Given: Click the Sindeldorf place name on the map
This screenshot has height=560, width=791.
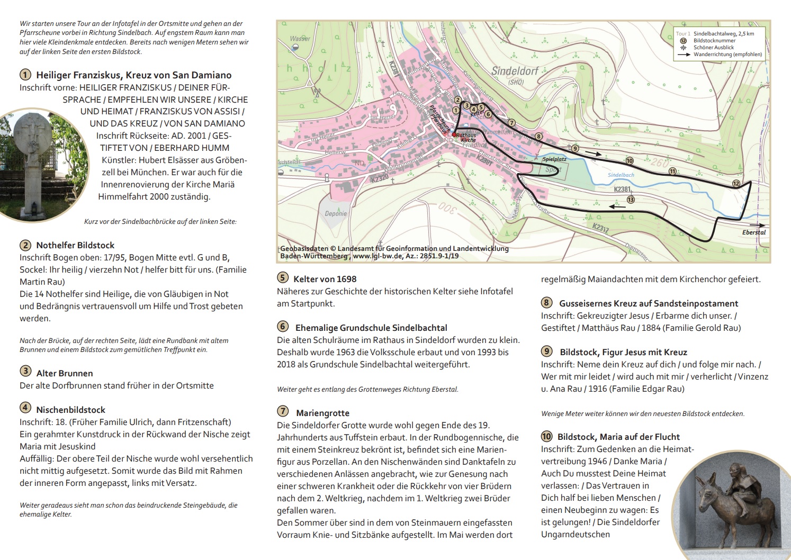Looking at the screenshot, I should tap(515, 70).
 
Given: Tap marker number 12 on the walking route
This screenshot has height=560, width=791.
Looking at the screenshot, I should tap(735, 183).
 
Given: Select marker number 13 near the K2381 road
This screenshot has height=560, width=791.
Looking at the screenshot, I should tap(630, 200).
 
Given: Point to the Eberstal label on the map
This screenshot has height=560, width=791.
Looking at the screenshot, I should tap(754, 232).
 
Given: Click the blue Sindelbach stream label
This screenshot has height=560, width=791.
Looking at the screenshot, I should tap(621, 175).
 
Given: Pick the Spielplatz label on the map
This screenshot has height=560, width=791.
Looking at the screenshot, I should tap(554, 159).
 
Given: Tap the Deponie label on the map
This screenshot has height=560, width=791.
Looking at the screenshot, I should tap(336, 214).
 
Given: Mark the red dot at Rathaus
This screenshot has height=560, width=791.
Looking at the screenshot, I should tap(454, 134).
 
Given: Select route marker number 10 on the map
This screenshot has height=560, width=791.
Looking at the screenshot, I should tap(629, 161).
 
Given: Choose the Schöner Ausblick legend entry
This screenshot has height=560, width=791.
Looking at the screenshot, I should tap(713, 48).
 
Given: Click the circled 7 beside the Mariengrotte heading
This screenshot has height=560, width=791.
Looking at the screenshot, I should tap(283, 412).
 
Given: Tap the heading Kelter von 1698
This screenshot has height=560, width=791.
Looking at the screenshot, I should tap(325, 279).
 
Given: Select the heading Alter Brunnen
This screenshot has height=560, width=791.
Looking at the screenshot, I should tap(64, 373).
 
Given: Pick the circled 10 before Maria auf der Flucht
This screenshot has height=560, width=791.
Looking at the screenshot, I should tap(546, 437).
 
